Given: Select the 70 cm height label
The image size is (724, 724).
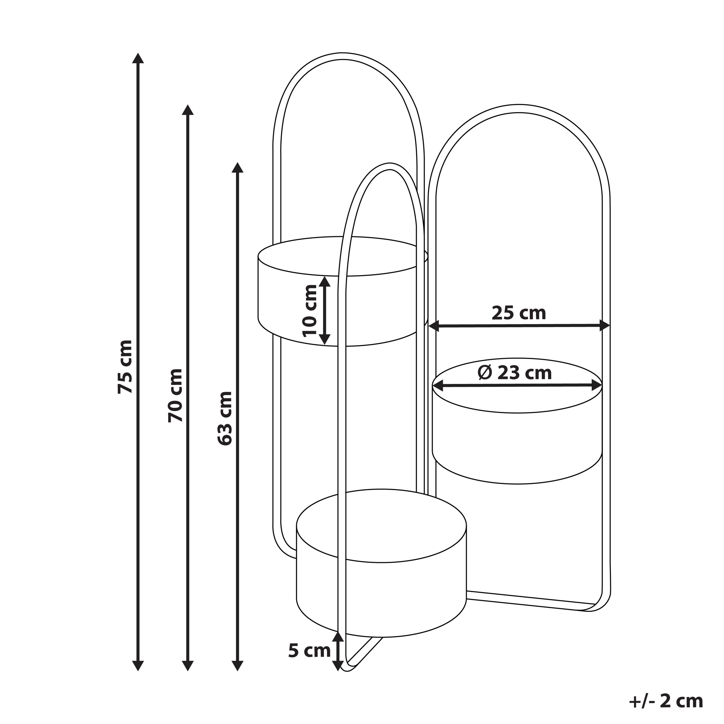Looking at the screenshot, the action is (x=175, y=395).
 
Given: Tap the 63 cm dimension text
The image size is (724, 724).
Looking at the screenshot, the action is (x=225, y=418).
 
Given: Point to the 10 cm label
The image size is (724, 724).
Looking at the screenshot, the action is (x=309, y=311).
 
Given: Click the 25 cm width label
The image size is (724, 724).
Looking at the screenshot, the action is (x=519, y=313).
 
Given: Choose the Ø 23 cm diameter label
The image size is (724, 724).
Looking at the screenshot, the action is (x=514, y=373).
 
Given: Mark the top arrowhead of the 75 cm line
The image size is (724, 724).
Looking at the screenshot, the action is (x=138, y=58).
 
